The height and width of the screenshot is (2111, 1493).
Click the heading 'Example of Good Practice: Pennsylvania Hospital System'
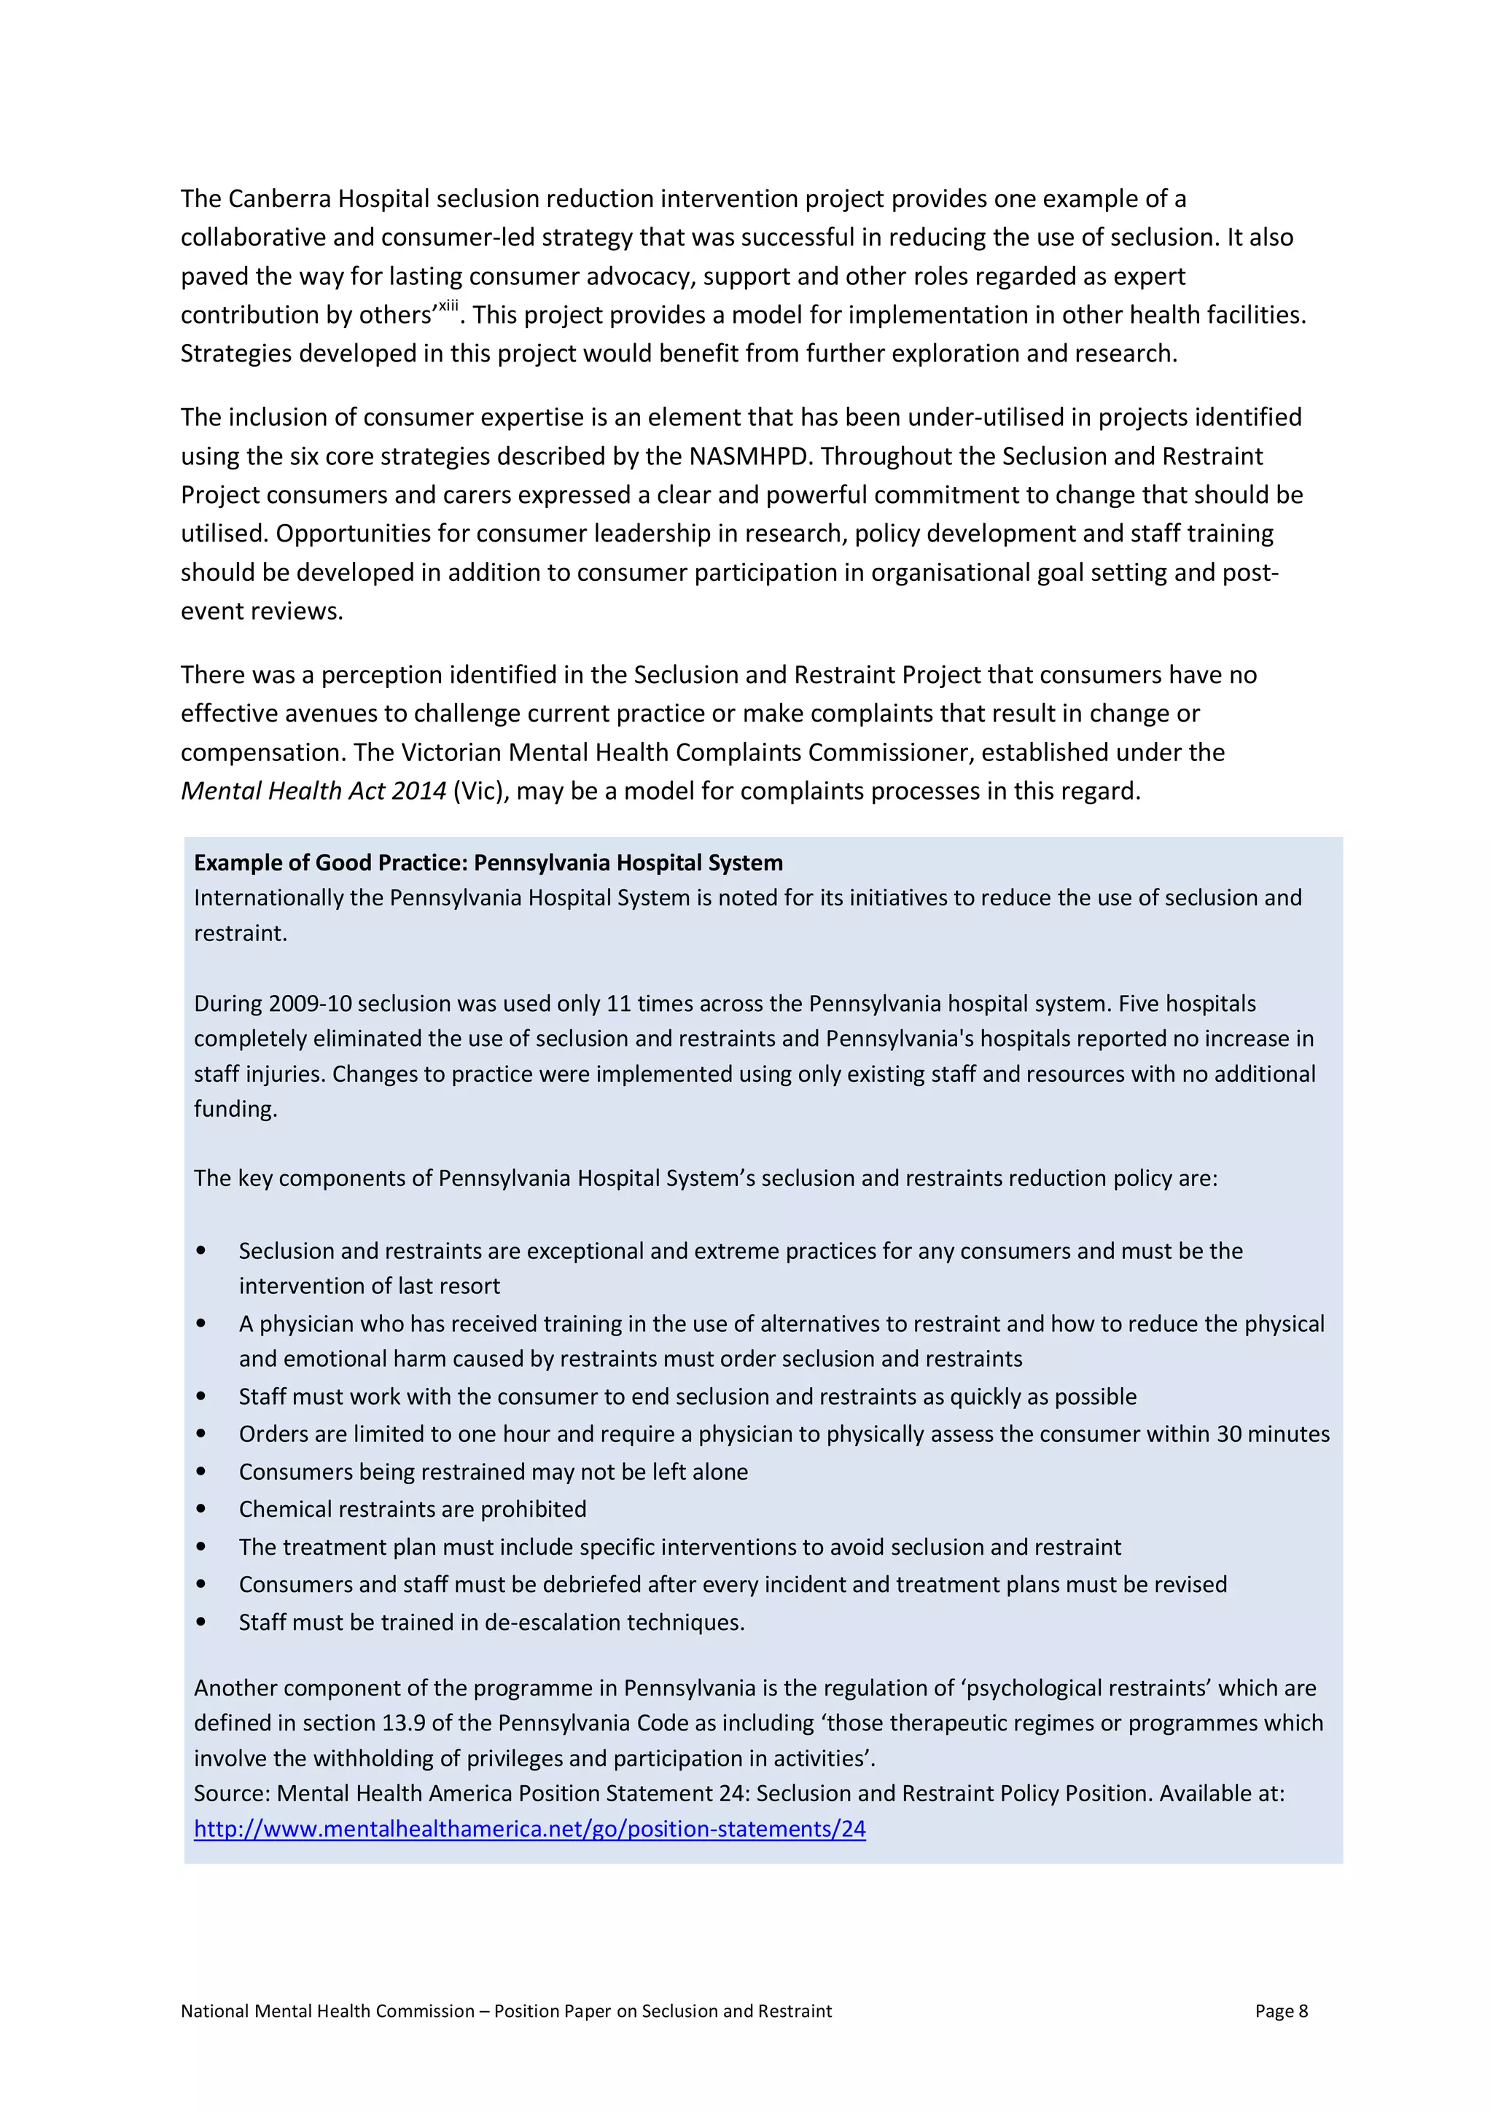[x=488, y=862]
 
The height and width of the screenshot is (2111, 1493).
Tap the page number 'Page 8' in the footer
[x=1281, y=2011]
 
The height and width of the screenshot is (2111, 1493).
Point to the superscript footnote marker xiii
[x=448, y=306]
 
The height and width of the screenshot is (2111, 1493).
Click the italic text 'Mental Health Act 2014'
[x=313, y=791]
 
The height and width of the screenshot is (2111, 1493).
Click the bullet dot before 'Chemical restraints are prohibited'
[x=201, y=1510]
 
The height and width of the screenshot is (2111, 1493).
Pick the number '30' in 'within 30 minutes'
[x=1230, y=1435]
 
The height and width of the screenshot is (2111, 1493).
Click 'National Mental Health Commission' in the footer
[x=327, y=2011]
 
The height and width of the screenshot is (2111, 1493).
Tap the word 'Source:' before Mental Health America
[x=232, y=1793]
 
